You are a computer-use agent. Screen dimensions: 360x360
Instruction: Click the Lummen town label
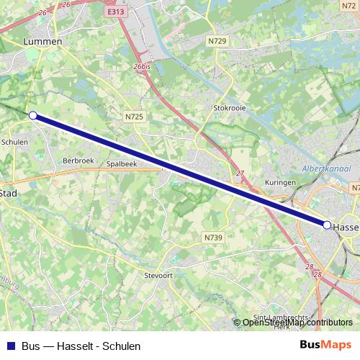tap(43, 42)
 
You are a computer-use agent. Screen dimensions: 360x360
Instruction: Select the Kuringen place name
tap(280, 183)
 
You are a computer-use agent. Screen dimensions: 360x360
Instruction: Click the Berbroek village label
tap(79, 160)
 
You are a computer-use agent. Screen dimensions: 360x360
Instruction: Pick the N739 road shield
tap(212, 237)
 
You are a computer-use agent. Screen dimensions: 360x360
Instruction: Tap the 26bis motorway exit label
tap(142, 66)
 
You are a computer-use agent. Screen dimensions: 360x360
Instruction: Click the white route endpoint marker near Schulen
tap(32, 114)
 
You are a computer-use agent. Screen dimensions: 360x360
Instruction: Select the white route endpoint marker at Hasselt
tap(327, 225)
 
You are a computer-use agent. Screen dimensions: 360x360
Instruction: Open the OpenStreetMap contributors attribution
tap(298, 323)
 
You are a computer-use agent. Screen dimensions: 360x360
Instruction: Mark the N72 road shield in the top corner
tap(349, 5)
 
